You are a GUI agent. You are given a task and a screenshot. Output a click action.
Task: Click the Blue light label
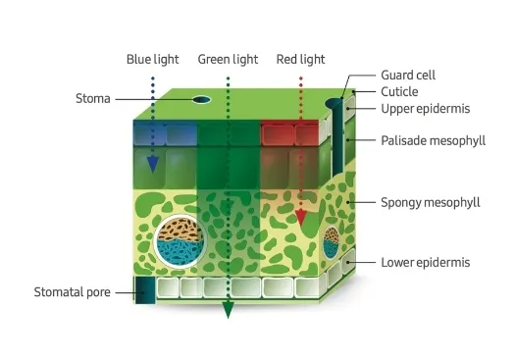pyautogui.click(x=152, y=59)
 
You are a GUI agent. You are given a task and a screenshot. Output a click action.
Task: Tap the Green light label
pyautogui.click(x=228, y=59)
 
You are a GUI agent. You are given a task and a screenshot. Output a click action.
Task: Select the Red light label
pyautogui.click(x=299, y=59)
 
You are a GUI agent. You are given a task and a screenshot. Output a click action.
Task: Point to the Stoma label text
pyautogui.click(x=93, y=98)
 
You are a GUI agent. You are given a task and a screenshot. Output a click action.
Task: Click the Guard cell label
pyautogui.click(x=408, y=75)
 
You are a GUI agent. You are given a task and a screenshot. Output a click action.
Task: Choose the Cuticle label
pyautogui.click(x=399, y=91)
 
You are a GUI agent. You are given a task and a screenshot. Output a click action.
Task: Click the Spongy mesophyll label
pyautogui.click(x=430, y=203)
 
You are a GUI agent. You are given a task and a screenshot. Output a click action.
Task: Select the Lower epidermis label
pyautogui.click(x=426, y=262)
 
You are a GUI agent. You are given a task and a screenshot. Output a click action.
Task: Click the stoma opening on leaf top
pyautogui.click(x=202, y=99)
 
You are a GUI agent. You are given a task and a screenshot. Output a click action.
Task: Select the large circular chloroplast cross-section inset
pyautogui.click(x=179, y=238)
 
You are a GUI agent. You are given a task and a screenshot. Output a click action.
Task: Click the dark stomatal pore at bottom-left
pyautogui.click(x=146, y=291)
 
